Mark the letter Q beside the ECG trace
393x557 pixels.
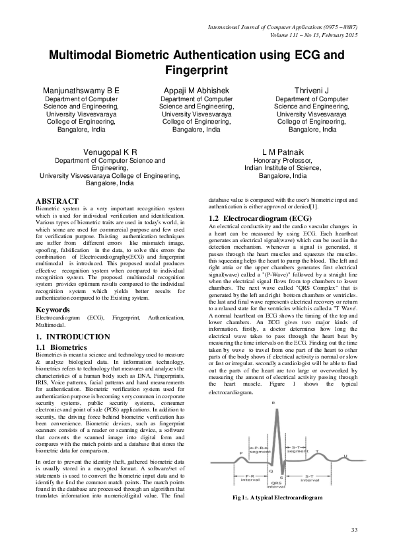point(270,470)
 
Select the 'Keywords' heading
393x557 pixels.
point(52,309)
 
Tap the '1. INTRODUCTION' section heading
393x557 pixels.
point(72,337)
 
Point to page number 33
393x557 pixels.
point(353,530)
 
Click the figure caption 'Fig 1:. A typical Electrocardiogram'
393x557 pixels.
point(277,497)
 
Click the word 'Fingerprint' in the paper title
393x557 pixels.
point(196,69)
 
